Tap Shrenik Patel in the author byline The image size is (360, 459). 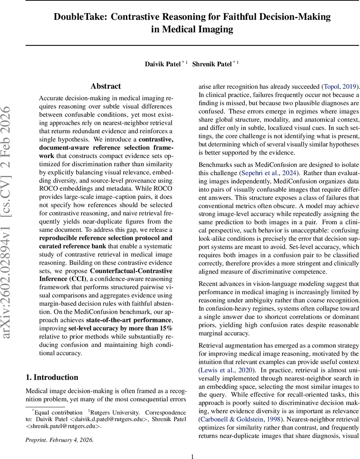click(211, 64)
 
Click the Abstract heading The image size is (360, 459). click(105, 86)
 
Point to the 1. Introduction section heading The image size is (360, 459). click(52, 378)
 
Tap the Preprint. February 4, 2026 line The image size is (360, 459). click(59, 440)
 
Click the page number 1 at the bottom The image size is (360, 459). click(192, 456)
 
